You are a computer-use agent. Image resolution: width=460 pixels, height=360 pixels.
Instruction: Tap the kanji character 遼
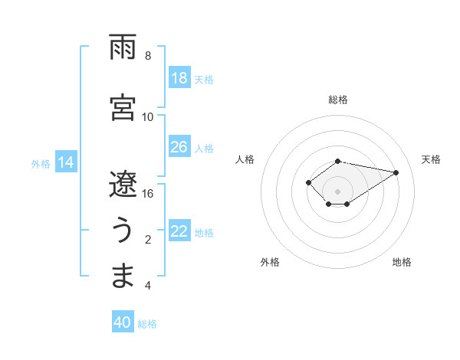[x=123, y=184]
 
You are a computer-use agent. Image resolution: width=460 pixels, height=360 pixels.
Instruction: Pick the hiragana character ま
[x=123, y=277]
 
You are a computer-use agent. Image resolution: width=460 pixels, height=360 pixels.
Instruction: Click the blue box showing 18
[x=179, y=78]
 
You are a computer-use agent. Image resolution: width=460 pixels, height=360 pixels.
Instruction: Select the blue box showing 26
[x=179, y=147]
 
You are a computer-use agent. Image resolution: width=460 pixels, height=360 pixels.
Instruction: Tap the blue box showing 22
[x=179, y=231]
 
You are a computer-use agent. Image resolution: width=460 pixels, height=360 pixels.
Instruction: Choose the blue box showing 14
[x=66, y=162]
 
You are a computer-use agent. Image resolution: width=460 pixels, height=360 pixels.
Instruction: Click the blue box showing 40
[x=123, y=323]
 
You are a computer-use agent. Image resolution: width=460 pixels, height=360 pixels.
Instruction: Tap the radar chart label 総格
[x=338, y=100]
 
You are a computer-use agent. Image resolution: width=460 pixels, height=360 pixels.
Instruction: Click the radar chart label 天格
[x=431, y=159]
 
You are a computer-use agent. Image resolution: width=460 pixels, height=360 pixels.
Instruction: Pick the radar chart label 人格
[x=245, y=159]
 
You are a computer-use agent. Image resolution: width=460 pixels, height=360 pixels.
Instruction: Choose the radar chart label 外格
[x=270, y=262]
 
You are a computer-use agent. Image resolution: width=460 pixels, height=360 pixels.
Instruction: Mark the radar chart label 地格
[x=402, y=262]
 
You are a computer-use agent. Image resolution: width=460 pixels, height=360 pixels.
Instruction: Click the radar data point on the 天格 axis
[x=396, y=172]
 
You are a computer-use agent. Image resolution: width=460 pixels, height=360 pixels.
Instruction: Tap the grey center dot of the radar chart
[x=338, y=191]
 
